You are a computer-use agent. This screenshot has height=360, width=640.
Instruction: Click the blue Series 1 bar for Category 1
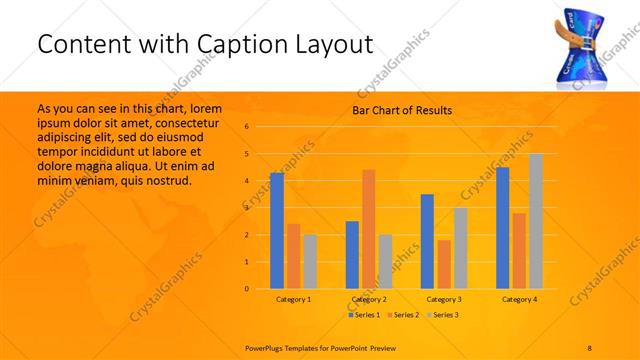(276, 231)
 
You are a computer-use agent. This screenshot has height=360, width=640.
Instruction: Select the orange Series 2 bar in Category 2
(368, 229)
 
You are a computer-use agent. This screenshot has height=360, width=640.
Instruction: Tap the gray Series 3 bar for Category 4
(536, 221)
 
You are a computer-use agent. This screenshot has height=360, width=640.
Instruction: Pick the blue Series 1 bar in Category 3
(427, 241)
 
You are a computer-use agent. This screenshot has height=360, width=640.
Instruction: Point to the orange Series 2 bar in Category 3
(443, 264)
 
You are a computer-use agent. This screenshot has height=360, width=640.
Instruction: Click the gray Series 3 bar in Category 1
(309, 262)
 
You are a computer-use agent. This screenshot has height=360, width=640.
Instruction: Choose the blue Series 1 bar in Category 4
(502, 228)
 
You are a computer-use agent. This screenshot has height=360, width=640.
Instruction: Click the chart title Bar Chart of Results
(401, 110)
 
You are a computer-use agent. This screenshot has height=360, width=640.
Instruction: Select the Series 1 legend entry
(363, 315)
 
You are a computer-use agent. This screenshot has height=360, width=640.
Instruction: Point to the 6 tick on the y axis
(247, 127)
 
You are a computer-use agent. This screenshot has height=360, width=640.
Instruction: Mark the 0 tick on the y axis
(247, 289)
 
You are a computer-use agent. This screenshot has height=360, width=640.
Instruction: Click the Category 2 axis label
(369, 299)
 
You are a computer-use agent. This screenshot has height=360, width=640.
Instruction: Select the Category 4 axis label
(520, 299)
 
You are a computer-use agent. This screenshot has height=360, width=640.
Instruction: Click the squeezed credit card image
(584, 46)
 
